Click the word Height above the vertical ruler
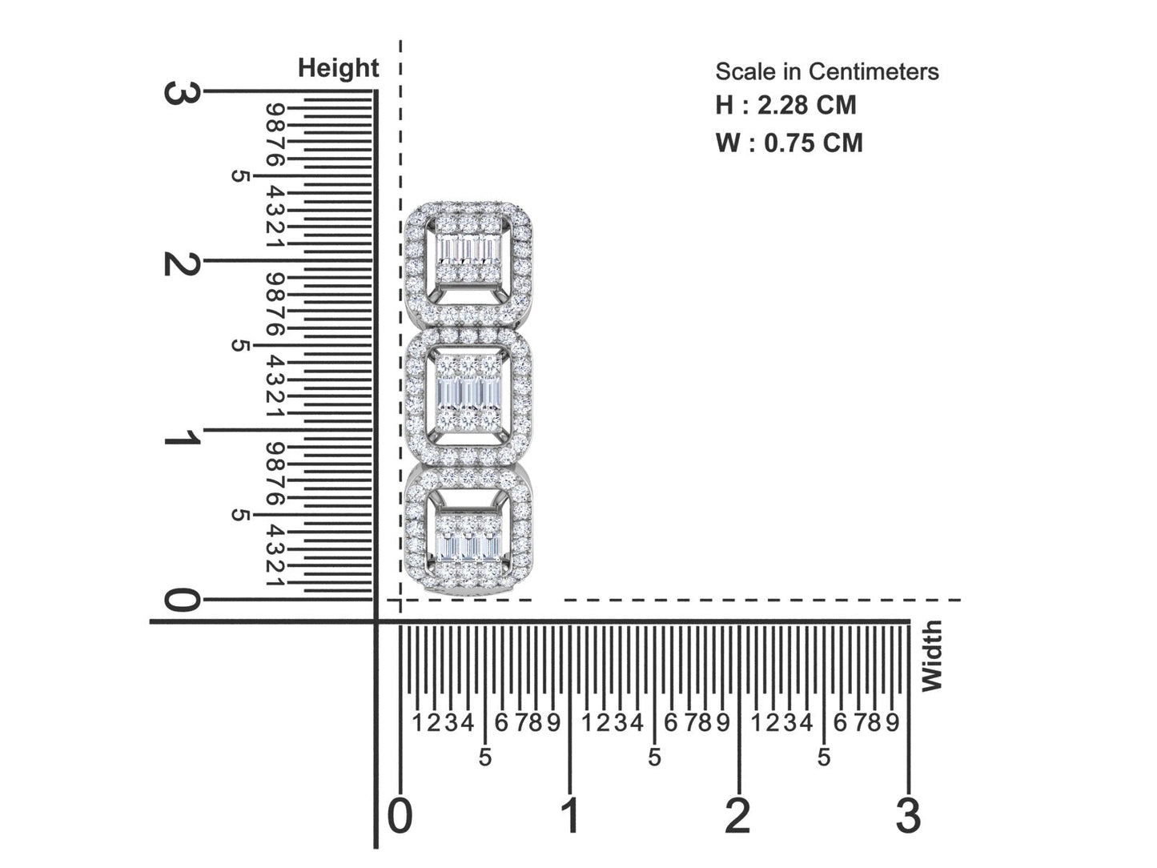pyautogui.click(x=338, y=69)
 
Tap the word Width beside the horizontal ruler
pyautogui.click(x=931, y=656)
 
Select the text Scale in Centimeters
pyautogui.click(x=826, y=72)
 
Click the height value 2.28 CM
pyautogui.click(x=806, y=105)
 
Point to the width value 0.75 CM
pyautogui.click(x=814, y=143)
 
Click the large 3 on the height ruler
pyautogui.click(x=182, y=94)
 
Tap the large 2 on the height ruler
pyautogui.click(x=182, y=263)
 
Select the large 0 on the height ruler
pyautogui.click(x=182, y=601)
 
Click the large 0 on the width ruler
pyautogui.click(x=400, y=815)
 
